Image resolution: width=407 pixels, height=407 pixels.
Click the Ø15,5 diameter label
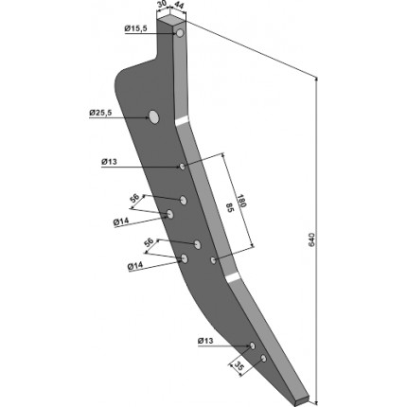(x=135, y=28)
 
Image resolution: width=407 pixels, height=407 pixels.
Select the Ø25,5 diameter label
(x=100, y=113)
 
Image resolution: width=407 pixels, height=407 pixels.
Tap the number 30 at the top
(x=163, y=6)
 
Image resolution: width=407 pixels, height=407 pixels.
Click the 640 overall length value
(x=311, y=239)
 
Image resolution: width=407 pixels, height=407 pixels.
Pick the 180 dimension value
(x=241, y=201)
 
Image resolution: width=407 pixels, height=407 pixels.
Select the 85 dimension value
(x=229, y=208)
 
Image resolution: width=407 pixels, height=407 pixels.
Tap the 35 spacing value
(x=239, y=365)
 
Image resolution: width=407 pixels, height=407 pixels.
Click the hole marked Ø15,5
(x=180, y=33)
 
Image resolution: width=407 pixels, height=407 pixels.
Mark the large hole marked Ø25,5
(x=154, y=117)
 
